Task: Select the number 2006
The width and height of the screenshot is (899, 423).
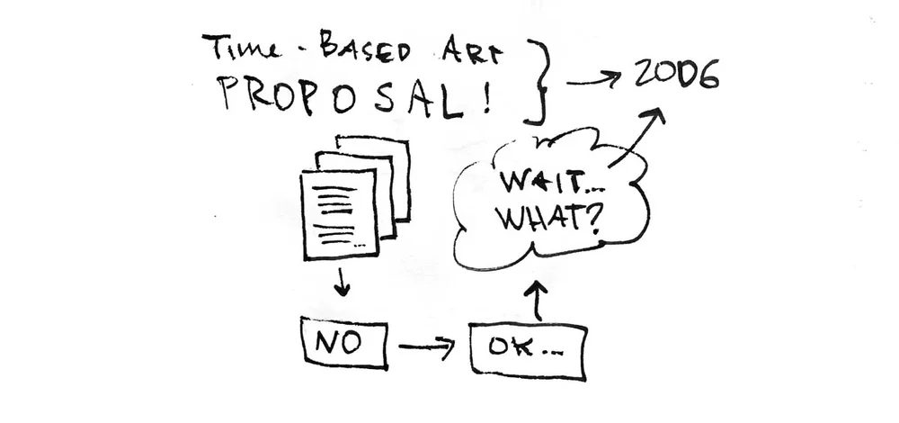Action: (676, 76)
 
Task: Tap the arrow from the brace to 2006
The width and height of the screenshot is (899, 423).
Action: (593, 80)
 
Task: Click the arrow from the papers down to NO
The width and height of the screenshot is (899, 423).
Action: (341, 282)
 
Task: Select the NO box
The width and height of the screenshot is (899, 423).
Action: (345, 343)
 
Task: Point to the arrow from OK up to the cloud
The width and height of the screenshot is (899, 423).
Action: (539, 299)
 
